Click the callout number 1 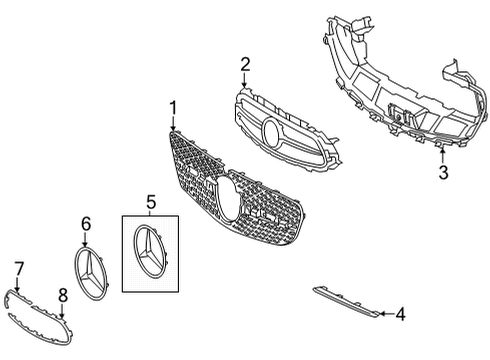pos(173,108)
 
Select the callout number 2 pos(245,65)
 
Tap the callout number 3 pos(443,172)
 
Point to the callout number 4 pos(400,314)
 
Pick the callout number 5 pos(151,202)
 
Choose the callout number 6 pos(86,224)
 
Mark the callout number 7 pos(19,269)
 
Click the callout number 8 pos(63,295)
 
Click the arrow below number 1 pos(173,123)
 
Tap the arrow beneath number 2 pos(245,80)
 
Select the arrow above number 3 pos(443,156)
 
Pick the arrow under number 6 pos(86,240)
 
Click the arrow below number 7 pos(17,285)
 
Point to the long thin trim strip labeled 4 pos(346,302)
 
